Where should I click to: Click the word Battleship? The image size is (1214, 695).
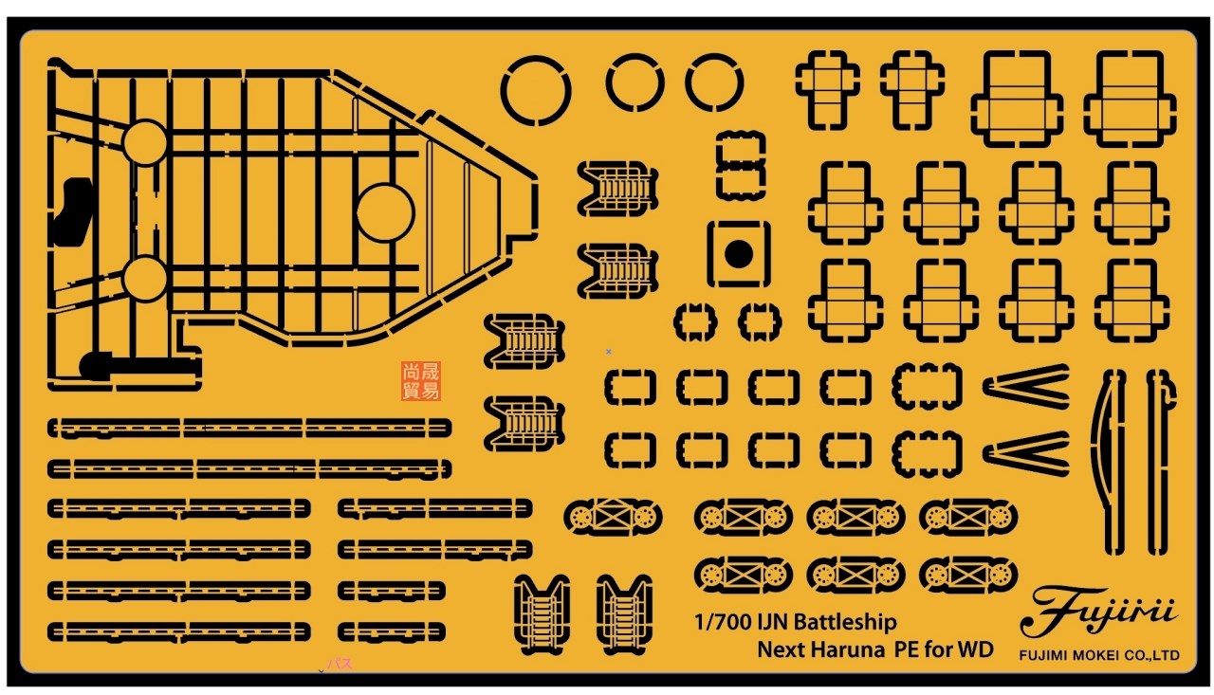click(844, 623)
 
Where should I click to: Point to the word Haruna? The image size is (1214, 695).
click(846, 649)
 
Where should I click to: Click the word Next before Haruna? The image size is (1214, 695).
click(782, 649)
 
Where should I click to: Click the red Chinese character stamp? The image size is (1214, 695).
click(421, 380)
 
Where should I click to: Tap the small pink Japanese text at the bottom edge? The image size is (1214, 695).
click(340, 664)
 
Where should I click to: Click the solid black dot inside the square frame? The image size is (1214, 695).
click(738, 253)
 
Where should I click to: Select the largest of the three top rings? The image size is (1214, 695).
click(536, 92)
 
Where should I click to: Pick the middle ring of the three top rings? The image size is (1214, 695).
click(635, 82)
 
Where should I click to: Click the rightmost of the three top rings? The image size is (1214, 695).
click(713, 82)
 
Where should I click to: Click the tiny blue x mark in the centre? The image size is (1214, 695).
click(608, 351)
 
